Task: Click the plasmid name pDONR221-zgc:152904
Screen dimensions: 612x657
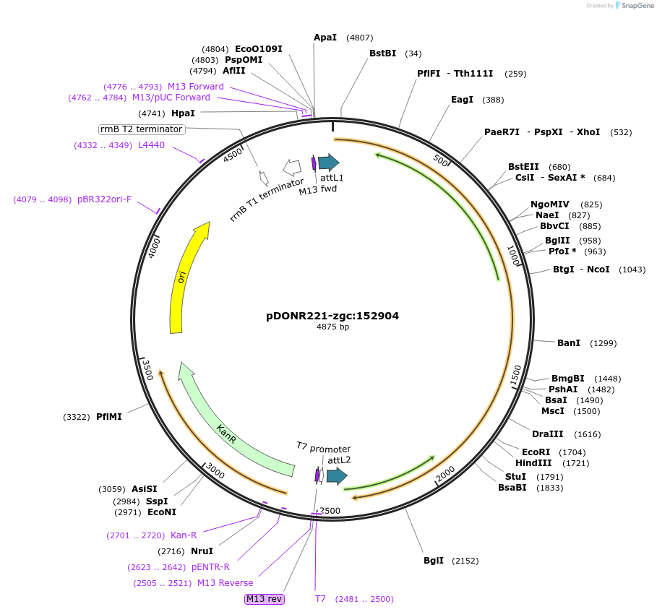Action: (332, 316)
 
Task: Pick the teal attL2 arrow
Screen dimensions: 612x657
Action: (337, 475)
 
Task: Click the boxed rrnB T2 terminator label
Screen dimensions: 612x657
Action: (142, 129)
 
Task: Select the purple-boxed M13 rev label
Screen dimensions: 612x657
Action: (265, 599)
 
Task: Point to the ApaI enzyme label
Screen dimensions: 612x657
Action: (325, 38)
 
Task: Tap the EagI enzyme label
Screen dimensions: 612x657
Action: (462, 100)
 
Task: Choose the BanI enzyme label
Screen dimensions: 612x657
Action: (569, 343)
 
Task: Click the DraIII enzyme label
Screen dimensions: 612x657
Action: (547, 434)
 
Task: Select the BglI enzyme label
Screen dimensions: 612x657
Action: (434, 561)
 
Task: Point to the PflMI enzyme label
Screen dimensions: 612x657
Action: (109, 417)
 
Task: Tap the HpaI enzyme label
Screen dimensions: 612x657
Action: (183, 113)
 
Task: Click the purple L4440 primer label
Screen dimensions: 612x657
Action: (151, 145)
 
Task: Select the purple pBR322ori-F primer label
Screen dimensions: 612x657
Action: (104, 199)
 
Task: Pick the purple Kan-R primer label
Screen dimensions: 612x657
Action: (184, 535)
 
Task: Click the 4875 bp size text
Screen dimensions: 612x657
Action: (332, 327)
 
